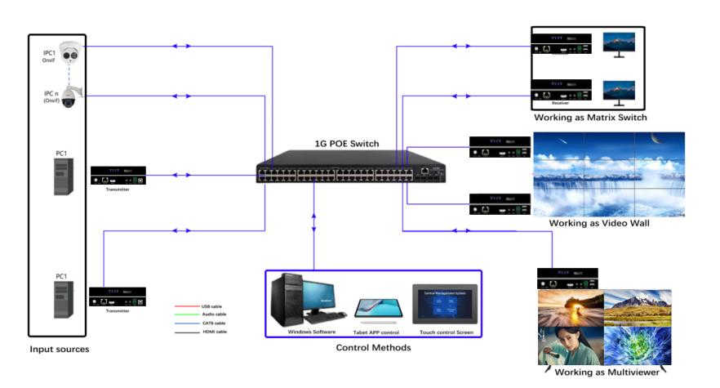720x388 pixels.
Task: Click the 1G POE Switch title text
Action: pyautogui.click(x=347, y=144)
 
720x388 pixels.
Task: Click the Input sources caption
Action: pyautogui.click(x=60, y=350)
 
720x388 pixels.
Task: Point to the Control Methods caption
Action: pyautogui.click(x=373, y=348)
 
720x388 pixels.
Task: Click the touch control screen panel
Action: pyautogui.click(x=444, y=305)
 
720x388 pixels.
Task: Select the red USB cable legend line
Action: pyautogui.click(x=186, y=305)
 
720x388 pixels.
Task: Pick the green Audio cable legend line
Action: pyautogui.click(x=186, y=314)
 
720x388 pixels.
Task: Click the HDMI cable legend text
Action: pyautogui.click(x=214, y=332)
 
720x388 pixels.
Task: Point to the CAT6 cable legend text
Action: pyautogui.click(x=214, y=323)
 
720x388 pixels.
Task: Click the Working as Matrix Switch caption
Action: pyautogui.click(x=589, y=118)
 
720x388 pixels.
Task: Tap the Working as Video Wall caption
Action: pyautogui.click(x=598, y=223)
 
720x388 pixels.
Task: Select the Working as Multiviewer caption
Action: pyautogui.click(x=610, y=372)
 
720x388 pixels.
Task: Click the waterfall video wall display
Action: pyautogui.click(x=607, y=174)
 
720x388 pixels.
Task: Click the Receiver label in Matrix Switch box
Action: pyautogui.click(x=560, y=104)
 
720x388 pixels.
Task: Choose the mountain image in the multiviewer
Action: pyautogui.click(x=638, y=307)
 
